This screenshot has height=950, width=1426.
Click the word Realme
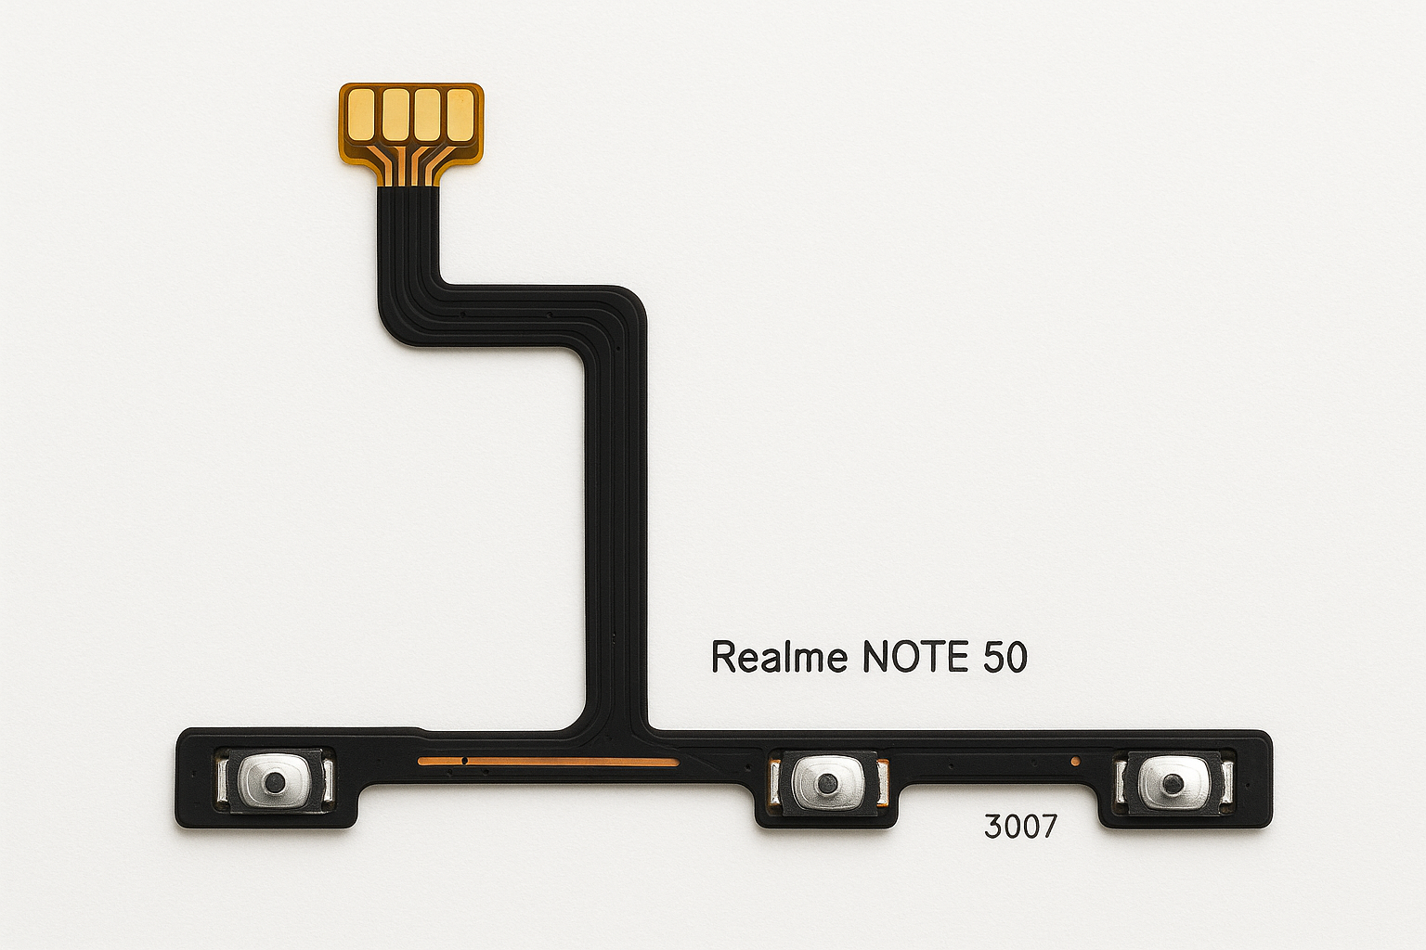(x=779, y=657)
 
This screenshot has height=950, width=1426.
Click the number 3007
(x=1019, y=826)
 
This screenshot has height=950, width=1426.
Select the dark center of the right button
(x=1173, y=783)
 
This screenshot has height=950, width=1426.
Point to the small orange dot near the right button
(x=1075, y=762)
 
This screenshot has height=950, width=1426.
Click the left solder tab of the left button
(x=222, y=780)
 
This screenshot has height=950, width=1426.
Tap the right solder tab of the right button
(x=1227, y=783)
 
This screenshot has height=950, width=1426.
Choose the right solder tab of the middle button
(x=882, y=783)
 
